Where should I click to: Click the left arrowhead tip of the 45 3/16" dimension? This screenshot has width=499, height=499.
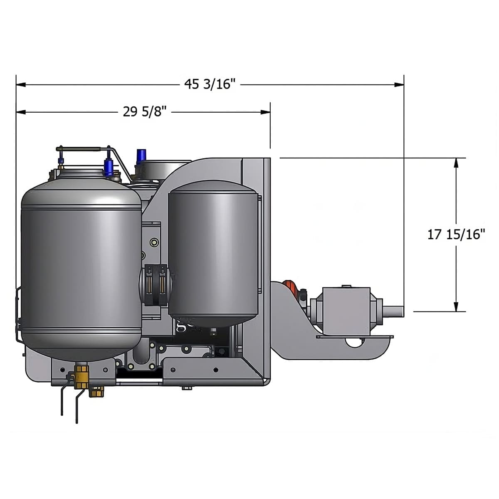(16, 84)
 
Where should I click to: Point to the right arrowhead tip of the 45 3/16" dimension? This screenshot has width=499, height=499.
(404, 84)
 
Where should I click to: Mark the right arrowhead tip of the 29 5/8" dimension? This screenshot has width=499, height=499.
(270, 112)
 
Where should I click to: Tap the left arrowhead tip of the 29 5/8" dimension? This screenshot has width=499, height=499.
(16, 112)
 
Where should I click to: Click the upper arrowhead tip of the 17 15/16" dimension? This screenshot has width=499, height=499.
(456, 158)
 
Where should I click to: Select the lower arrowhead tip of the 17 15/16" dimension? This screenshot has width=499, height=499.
(456, 311)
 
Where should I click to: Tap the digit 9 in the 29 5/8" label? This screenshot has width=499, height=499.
(134, 112)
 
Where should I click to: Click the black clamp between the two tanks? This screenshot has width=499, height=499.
(156, 285)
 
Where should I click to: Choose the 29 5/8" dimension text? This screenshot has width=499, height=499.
(144, 112)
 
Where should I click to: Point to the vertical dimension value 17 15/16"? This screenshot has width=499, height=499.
(456, 235)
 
